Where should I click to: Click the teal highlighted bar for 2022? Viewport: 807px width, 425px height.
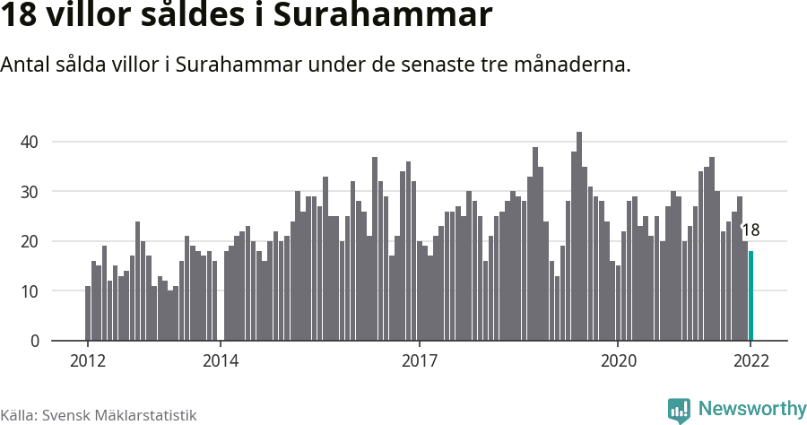[x=751, y=296]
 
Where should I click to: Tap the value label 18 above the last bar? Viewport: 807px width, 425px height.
[x=751, y=230]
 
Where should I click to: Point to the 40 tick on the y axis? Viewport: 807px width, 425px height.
[x=30, y=142]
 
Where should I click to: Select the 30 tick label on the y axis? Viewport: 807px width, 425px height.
[x=30, y=192]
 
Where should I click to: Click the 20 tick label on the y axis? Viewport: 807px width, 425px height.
[x=30, y=241]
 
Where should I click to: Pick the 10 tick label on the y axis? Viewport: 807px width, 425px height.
[x=30, y=291]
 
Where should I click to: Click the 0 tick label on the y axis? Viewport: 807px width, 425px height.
[x=34, y=342]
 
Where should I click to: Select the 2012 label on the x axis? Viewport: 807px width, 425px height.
[x=87, y=361]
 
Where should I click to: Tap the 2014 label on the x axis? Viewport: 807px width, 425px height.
[x=220, y=361]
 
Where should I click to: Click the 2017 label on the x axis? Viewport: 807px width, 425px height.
[x=419, y=361]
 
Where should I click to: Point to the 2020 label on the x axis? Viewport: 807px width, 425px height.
[x=618, y=361]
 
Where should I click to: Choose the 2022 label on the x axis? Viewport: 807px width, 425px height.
[x=751, y=361]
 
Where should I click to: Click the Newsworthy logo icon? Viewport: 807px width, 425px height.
[x=679, y=411]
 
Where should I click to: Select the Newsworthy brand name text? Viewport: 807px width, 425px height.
[x=751, y=410]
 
